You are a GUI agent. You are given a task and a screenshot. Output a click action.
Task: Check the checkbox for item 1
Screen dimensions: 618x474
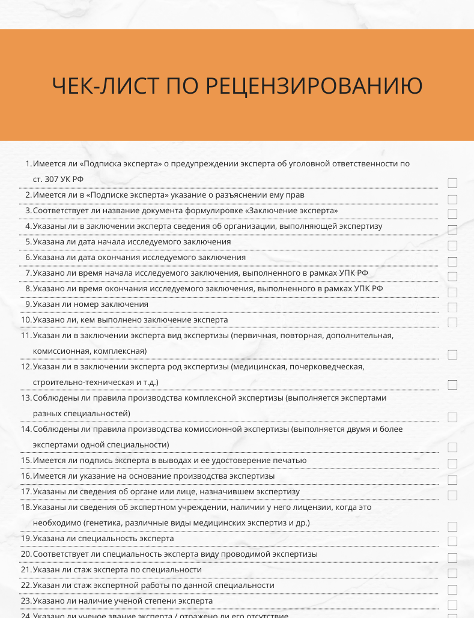coord(452,183)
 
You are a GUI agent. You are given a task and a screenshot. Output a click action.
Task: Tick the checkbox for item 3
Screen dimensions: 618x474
coord(452,214)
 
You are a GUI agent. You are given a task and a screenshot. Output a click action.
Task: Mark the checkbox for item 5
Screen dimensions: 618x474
coord(452,245)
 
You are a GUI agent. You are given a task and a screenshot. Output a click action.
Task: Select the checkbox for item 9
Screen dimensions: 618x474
coord(452,307)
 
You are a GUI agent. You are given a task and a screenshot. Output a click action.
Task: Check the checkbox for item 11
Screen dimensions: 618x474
coord(452,354)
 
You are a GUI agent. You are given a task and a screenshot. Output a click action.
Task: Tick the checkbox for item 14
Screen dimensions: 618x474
coord(452,447)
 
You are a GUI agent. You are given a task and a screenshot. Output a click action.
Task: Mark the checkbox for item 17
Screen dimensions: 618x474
coord(452,495)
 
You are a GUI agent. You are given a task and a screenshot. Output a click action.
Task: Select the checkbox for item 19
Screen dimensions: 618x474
coord(452,542)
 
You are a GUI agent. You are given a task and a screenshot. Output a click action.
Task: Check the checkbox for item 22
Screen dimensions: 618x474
coord(452,589)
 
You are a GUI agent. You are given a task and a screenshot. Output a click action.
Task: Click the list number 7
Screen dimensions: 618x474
coord(28,273)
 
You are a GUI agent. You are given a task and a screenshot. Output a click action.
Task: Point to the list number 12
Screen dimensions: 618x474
coord(26,366)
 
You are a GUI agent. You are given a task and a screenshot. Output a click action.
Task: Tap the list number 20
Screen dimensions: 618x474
coord(26,554)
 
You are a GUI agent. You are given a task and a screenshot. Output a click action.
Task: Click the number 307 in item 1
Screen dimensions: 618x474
coord(52,179)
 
